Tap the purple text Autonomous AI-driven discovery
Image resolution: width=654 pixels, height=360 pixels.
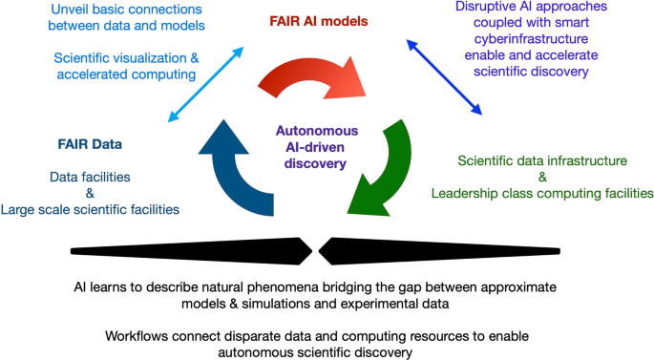click(311, 147)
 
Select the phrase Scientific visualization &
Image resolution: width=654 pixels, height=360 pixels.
click(126, 58)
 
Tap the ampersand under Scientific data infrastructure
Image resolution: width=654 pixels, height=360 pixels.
click(541, 177)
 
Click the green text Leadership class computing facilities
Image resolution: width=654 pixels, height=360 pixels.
click(541, 193)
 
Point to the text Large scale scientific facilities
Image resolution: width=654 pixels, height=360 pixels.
click(103, 209)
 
